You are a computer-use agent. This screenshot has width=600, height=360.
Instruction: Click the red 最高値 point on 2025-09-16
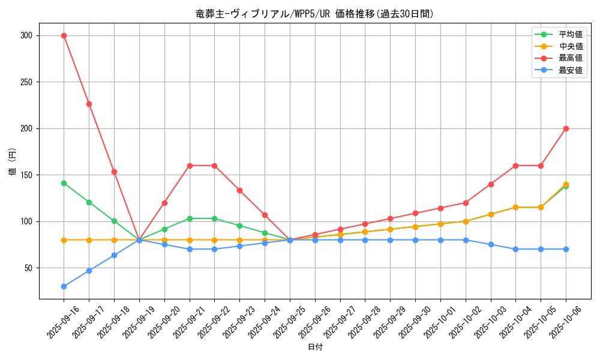[x=64, y=35]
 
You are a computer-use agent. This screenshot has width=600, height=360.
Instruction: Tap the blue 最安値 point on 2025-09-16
[x=64, y=286]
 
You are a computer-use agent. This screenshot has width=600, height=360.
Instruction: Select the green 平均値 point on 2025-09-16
[x=64, y=183]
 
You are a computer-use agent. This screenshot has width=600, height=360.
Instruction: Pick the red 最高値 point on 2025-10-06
[x=566, y=128]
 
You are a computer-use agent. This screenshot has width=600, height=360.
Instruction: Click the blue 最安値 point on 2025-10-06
[x=566, y=249]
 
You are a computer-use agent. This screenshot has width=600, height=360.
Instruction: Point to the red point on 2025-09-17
[x=89, y=104]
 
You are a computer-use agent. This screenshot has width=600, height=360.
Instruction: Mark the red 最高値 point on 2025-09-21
[x=190, y=166]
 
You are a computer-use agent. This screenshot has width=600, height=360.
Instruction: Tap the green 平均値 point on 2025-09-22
[x=214, y=218]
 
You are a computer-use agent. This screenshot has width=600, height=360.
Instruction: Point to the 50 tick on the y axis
[x=28, y=268]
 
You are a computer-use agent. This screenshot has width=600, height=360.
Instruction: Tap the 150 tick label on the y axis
[x=25, y=175]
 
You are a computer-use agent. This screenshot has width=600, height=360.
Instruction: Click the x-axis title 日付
[x=315, y=347]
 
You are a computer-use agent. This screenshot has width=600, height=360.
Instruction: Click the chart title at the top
[x=314, y=14]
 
